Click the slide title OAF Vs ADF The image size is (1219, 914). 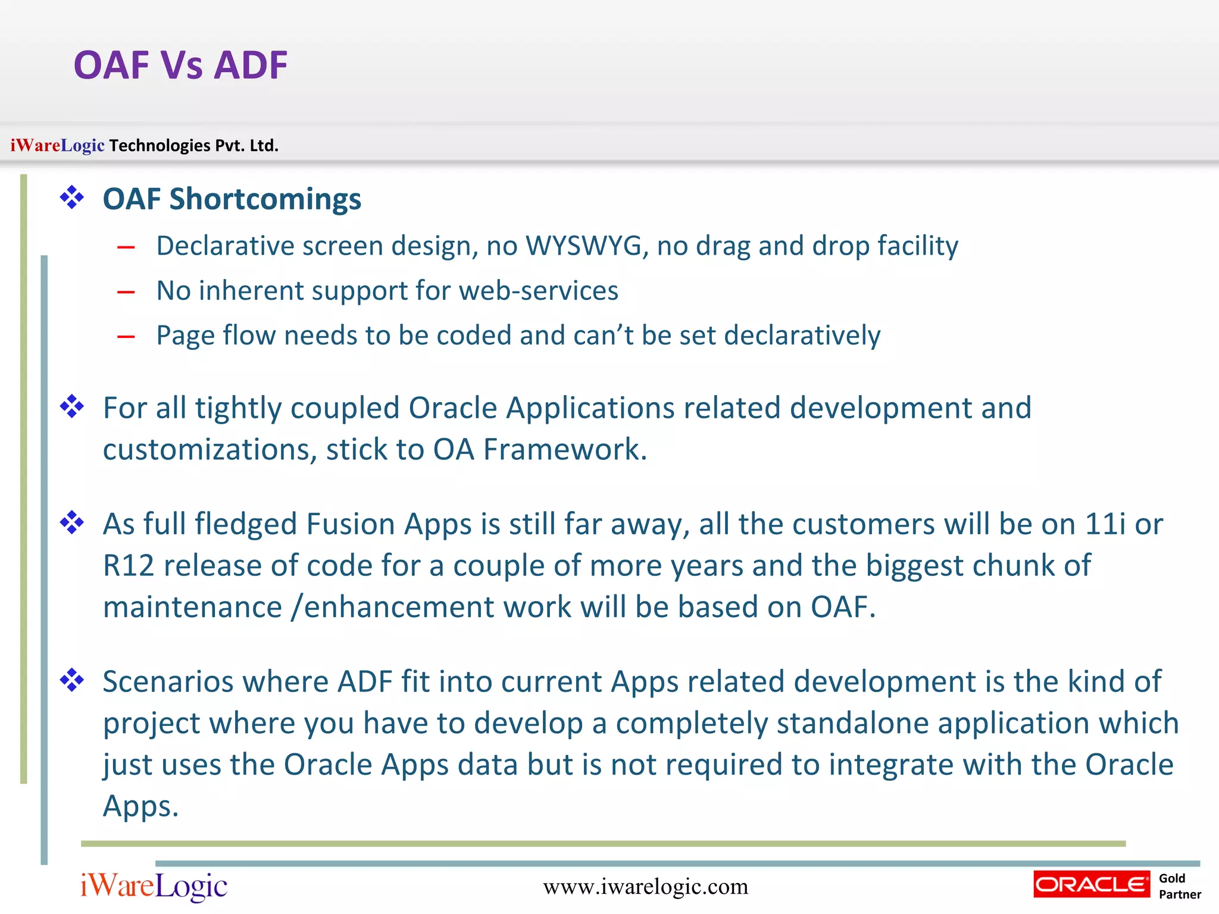pyautogui.click(x=180, y=65)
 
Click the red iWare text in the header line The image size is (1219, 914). pyautogui.click(x=35, y=145)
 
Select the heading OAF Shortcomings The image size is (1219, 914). pyautogui.click(x=232, y=199)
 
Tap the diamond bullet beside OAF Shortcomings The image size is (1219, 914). pyautogui.click(x=72, y=198)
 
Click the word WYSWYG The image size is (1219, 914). pyautogui.click(x=586, y=246)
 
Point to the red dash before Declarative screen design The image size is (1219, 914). pyautogui.click(x=126, y=247)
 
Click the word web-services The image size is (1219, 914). pyautogui.click(x=539, y=291)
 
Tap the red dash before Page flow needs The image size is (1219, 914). pyautogui.click(x=126, y=337)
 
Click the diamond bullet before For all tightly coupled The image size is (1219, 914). pyautogui.click(x=72, y=407)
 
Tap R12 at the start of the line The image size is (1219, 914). pyautogui.click(x=129, y=565)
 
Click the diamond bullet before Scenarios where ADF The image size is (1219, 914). pyautogui.click(x=72, y=680)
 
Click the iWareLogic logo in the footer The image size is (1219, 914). pyautogui.click(x=154, y=886)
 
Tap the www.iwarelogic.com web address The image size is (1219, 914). pyautogui.click(x=645, y=887)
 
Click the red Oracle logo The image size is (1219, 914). pyautogui.click(x=1091, y=885)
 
